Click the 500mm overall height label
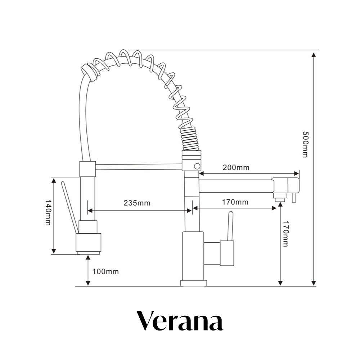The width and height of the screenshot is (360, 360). pyautogui.click(x=305, y=144)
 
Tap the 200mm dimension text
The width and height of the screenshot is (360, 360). pyautogui.click(x=236, y=167)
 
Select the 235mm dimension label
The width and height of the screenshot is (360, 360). pyautogui.click(x=137, y=203)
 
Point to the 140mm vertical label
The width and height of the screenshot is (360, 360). pyautogui.click(x=48, y=212)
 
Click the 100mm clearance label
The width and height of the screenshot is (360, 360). pyautogui.click(x=105, y=271)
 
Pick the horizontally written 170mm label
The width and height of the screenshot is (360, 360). pyautogui.click(x=235, y=202)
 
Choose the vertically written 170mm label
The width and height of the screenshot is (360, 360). pyautogui.click(x=285, y=234)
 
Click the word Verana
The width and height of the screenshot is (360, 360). pyautogui.click(x=180, y=321)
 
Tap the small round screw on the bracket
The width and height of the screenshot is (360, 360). pyautogui.click(x=197, y=166)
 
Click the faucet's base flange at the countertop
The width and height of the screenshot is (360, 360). pyautogui.click(x=194, y=283)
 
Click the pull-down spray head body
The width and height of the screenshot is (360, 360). pyautogui.click(x=88, y=242)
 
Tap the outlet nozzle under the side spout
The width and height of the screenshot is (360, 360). pyautogui.click(x=280, y=198)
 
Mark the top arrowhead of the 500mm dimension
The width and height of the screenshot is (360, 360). pyautogui.click(x=314, y=55)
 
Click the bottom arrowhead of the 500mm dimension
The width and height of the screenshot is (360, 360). pyautogui.click(x=314, y=283)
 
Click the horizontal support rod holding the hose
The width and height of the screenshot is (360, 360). pyautogui.click(x=139, y=166)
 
